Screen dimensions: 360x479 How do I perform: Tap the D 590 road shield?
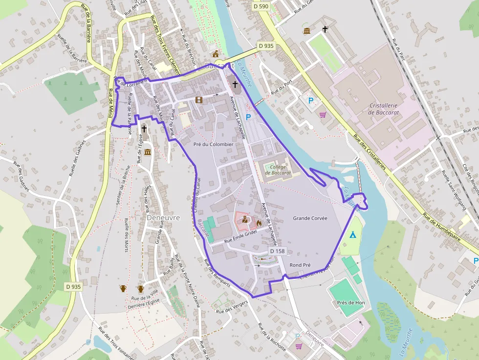click(261, 6)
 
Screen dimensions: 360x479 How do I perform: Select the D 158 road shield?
click(277, 251)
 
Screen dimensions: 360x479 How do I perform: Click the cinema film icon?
click(198, 100)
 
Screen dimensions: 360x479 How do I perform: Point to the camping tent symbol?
click(352, 234)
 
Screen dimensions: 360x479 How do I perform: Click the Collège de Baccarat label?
click(278, 169)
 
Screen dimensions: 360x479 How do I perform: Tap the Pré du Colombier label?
click(214, 144)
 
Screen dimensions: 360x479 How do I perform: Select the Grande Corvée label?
click(310, 218)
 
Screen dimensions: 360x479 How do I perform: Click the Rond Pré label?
click(300, 265)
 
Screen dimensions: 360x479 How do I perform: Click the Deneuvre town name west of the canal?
click(163, 217)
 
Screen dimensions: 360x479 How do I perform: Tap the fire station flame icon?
click(258, 223)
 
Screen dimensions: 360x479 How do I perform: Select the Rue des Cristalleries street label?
click(370, 152)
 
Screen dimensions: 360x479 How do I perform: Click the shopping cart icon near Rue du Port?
click(323, 115)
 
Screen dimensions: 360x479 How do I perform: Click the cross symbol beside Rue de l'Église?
click(144, 129)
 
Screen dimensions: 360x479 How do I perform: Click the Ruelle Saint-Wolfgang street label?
click(453, 190)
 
